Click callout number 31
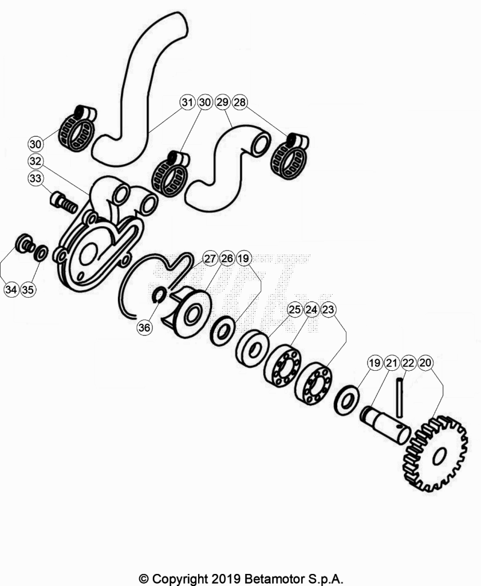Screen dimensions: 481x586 [187, 102]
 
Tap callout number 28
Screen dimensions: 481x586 [240, 102]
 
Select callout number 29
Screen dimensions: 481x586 [223, 102]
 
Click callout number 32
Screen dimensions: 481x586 [36, 161]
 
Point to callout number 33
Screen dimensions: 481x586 [36, 179]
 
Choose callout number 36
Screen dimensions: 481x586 [144, 327]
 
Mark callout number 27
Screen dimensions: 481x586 [210, 258]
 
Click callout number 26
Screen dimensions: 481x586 [227, 258]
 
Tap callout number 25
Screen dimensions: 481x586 [295, 310]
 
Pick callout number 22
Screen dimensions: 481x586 [408, 362]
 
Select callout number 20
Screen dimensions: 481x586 [425, 362]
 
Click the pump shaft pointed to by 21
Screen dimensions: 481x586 [385, 425]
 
